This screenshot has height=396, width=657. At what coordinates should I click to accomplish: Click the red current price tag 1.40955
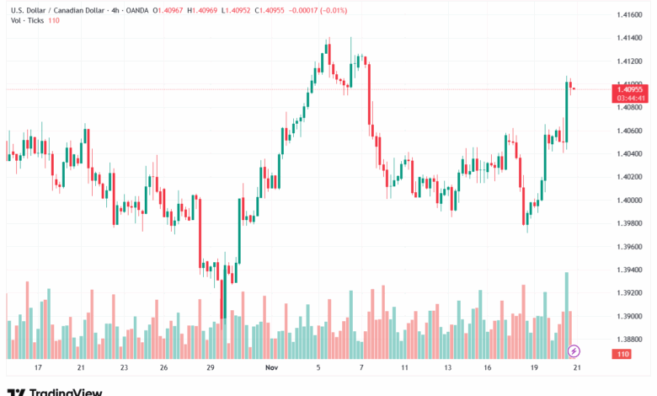point(631,88)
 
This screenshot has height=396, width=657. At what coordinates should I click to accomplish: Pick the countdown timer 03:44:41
point(631,97)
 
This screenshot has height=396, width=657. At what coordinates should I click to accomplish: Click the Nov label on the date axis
point(271,368)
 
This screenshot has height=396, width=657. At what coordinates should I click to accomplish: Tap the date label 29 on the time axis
point(210,368)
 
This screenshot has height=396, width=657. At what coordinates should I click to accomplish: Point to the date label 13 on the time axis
point(448,368)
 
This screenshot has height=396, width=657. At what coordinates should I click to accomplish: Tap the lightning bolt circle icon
point(574,350)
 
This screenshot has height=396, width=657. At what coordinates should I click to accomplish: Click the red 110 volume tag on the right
point(623,355)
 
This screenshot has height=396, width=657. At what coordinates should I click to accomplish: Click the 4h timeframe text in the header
point(115,9)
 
